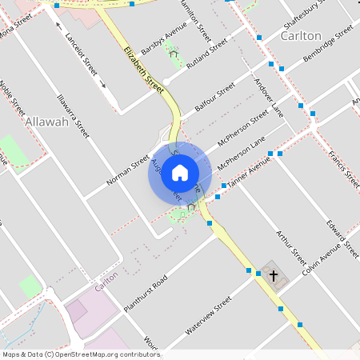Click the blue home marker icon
(x=180, y=172)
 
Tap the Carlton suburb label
(x=301, y=36)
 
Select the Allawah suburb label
(x=46, y=122)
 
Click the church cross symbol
(x=274, y=276)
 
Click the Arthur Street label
(x=290, y=248)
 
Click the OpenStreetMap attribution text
(x=81, y=354)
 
